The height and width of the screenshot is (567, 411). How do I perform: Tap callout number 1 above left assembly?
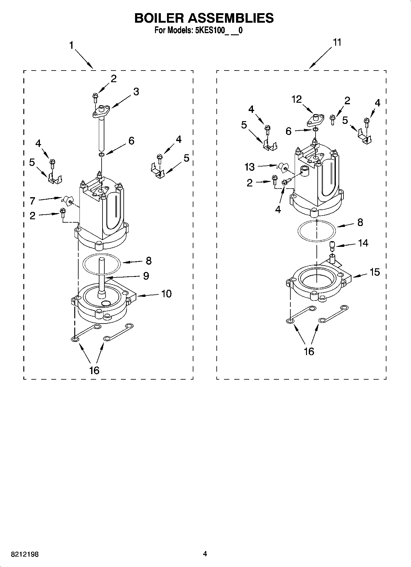tap(71, 46)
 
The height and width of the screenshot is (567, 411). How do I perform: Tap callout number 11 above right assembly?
tap(337, 42)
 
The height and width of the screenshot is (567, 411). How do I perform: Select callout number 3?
tap(136, 91)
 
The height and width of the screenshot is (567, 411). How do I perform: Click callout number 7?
tap(33, 201)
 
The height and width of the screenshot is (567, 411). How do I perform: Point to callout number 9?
tap(146, 276)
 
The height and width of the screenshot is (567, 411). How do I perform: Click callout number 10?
tap(166, 294)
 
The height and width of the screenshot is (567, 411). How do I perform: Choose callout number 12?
tap(297, 99)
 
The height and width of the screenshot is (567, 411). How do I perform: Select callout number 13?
tap(250, 167)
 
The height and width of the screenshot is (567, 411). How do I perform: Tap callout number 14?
tap(363, 243)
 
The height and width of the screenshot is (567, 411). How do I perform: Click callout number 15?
tap(375, 272)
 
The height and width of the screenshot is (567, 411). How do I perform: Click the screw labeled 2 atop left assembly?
tap(95, 97)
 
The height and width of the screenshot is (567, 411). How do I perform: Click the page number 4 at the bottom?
tap(205, 554)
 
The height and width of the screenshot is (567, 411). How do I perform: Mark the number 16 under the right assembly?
tap(309, 351)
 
